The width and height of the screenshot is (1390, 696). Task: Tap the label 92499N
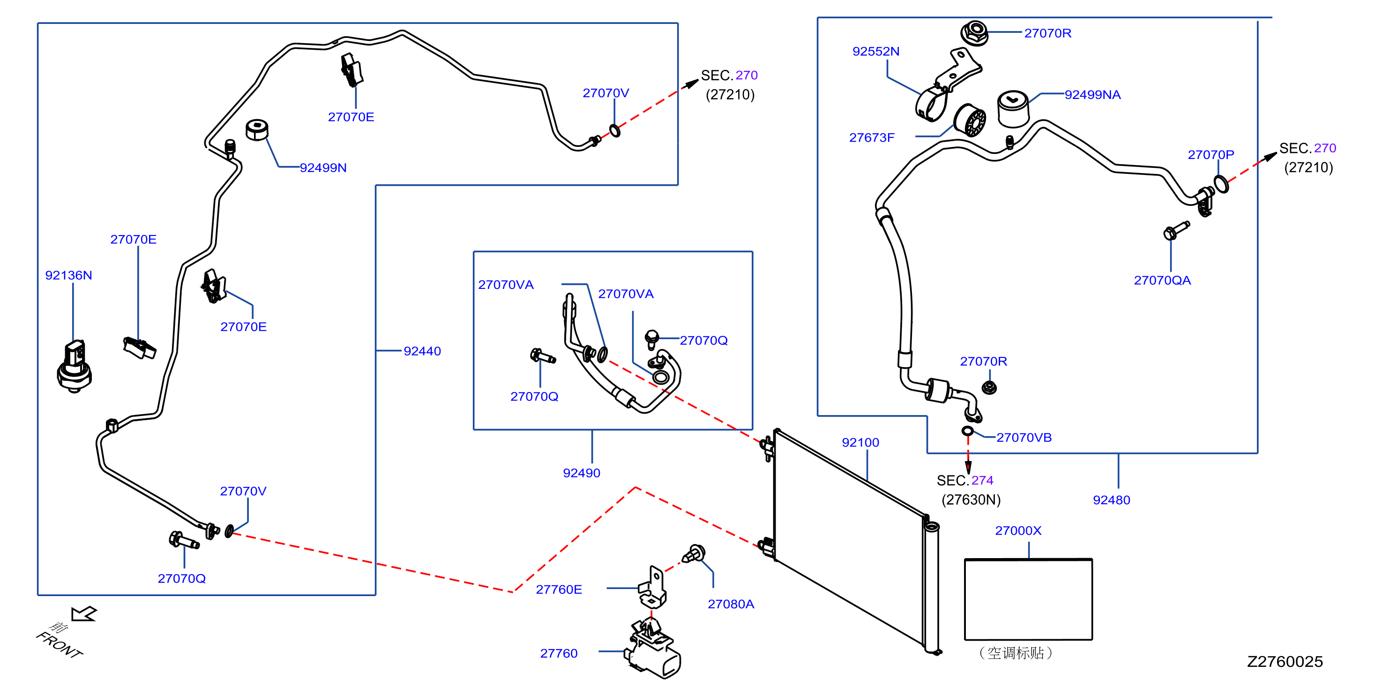coord(323,167)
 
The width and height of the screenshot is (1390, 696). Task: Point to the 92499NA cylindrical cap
coord(1013,108)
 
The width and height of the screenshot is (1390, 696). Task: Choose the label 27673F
coord(872,138)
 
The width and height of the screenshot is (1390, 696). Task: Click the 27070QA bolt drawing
coord(1176,230)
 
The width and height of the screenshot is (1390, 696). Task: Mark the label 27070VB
coord(1024,438)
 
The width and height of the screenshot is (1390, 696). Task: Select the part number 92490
coord(581,473)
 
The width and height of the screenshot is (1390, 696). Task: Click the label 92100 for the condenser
coord(860,442)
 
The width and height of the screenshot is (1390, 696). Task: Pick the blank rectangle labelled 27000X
coord(1029,599)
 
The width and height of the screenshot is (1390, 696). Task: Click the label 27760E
coord(559,589)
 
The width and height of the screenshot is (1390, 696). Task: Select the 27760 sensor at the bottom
coord(653,648)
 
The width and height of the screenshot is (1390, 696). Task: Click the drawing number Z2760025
coord(1285,661)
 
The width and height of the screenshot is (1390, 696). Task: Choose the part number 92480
coord(1111,500)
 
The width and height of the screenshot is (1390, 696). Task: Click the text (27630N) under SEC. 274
coord(971,499)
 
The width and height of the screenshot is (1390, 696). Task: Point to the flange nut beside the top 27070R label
coord(974,33)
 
